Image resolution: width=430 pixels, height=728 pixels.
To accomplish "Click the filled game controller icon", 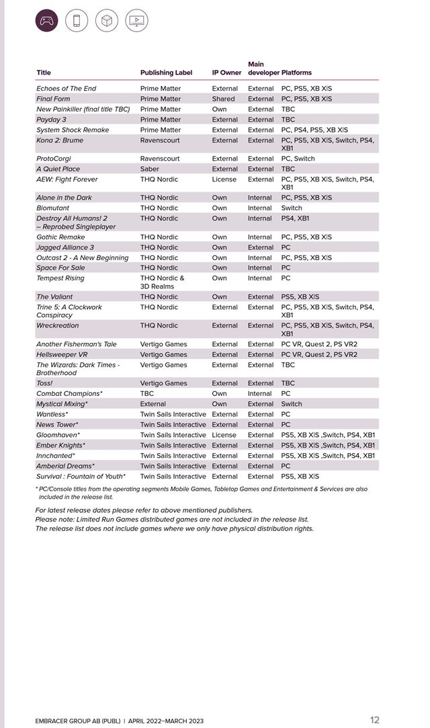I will coord(46,21).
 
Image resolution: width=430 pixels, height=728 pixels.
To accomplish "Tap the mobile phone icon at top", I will coord(77,21).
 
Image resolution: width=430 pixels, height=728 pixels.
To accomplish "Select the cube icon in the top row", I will coord(107,21).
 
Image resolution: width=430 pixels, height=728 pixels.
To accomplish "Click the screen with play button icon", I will coord(137,21).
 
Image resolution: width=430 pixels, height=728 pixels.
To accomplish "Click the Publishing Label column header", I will coord(166,73).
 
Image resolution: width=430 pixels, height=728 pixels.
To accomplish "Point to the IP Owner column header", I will coord(226,73).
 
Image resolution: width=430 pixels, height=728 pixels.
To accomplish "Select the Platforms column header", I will coord(296,73).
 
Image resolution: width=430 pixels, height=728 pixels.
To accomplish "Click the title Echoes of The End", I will coord(66,89).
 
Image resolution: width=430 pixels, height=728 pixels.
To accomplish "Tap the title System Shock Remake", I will coord(73,130).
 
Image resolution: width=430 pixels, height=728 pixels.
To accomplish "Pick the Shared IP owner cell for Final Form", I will coord(223,99).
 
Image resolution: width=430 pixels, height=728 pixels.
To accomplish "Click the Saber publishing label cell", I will coord(150,169).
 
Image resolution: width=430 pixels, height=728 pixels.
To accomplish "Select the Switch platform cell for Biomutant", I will coord(292,208).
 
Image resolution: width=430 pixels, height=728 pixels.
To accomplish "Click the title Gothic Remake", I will coord(60,237).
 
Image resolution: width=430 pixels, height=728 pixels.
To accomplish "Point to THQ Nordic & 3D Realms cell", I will coord(162,282).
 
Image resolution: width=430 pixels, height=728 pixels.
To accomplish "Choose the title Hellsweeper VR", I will coord(62,354).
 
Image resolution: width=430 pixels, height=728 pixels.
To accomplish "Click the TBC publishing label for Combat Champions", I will coord(146,394).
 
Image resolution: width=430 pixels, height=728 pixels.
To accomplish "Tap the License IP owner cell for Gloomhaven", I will coord(224,435).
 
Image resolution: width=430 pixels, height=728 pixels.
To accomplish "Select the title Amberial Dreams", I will coord(65,466).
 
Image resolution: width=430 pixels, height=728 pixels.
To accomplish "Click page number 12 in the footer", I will coord(374,720).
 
